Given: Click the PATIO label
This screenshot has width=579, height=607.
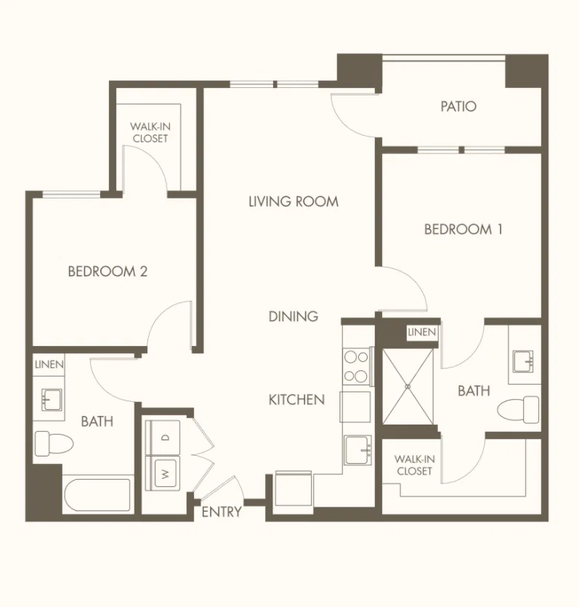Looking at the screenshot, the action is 458,106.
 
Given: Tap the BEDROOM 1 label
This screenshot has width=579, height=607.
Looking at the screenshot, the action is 463,229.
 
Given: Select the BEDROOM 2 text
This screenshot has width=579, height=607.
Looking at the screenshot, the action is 108,271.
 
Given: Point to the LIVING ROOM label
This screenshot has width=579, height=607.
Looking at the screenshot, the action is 293,201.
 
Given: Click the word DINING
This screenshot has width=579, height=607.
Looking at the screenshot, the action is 293,316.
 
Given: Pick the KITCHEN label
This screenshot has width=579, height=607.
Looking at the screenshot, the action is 296,400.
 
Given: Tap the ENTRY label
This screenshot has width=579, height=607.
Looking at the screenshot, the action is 222,512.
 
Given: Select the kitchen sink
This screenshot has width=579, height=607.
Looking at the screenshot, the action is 358,450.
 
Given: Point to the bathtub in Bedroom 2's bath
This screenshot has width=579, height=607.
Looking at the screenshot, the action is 97,495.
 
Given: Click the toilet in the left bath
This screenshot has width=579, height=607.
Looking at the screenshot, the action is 54,443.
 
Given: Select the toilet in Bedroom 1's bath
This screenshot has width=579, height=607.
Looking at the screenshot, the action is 518,409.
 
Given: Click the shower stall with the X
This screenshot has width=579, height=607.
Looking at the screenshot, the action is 408,386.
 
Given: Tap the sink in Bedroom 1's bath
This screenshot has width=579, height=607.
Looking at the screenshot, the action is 523,361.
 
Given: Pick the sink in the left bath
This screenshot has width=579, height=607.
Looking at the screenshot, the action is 52,400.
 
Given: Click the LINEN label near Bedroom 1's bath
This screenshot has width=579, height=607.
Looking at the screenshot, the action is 421,331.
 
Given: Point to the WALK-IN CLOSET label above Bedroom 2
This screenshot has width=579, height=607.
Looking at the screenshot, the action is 150,132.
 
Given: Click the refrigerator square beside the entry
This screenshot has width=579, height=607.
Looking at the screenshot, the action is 293,489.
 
